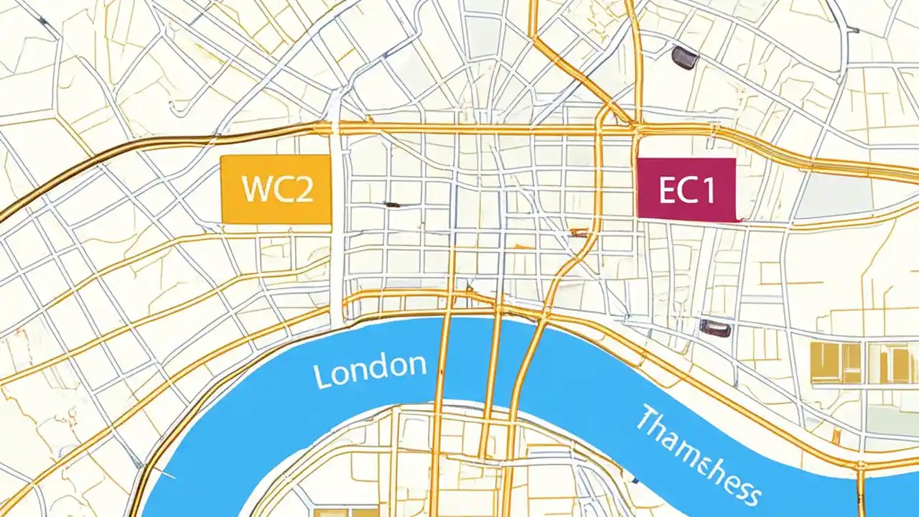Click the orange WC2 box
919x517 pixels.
tap(276, 189)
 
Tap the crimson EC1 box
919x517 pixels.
tap(686, 189)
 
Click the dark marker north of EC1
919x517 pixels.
tap(684, 57)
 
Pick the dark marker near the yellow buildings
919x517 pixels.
tap(715, 329)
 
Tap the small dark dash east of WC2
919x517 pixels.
tap(392, 205)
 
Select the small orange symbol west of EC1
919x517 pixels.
tap(578, 232)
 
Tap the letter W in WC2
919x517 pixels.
tap(257, 189)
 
